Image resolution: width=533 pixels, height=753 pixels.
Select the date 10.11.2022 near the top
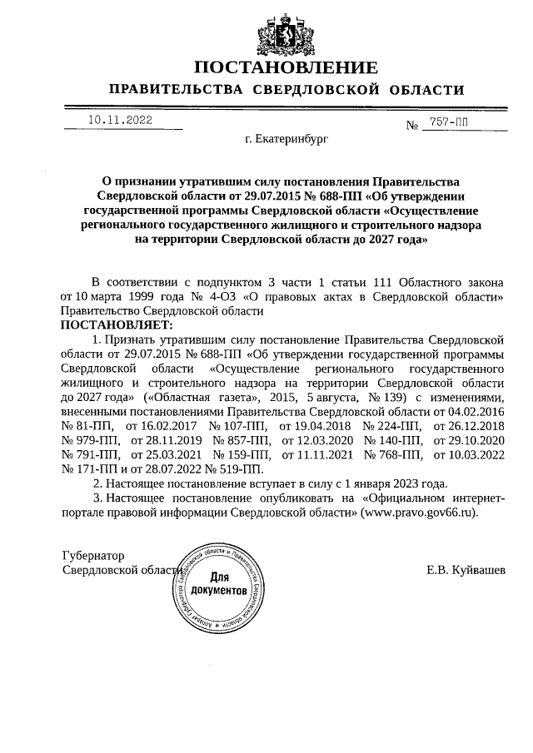click(120, 120)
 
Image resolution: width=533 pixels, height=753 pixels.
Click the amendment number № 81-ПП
click(91, 425)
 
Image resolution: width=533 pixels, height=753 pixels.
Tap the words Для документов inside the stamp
click(218, 583)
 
